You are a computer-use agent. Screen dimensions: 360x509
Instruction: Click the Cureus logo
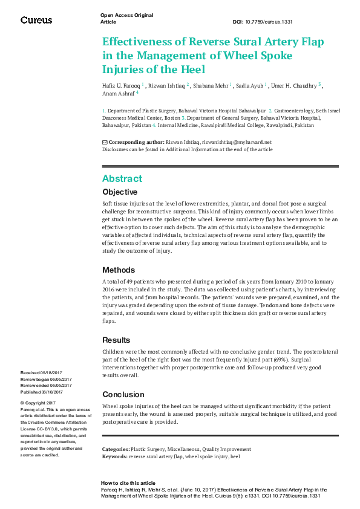pyautogui.click(x=36, y=20)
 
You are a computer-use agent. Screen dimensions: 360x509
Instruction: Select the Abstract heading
pyautogui.click(x=122, y=178)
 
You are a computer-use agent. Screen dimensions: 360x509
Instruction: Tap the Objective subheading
pyautogui.click(x=120, y=192)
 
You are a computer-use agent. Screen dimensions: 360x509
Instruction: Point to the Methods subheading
pyautogui.click(x=119, y=270)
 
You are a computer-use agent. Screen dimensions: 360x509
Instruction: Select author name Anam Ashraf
pyautogui.click(x=118, y=94)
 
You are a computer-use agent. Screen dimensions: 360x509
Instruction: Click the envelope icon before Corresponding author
pyautogui.click(x=105, y=142)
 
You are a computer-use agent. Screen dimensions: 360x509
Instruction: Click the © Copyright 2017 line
pyautogui.click(x=38, y=403)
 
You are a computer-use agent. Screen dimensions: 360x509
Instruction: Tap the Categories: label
pyautogui.click(x=116, y=450)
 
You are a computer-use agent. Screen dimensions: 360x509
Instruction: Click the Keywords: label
pyautogui.click(x=114, y=456)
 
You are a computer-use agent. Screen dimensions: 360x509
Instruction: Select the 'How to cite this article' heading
pyautogui.click(x=128, y=484)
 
